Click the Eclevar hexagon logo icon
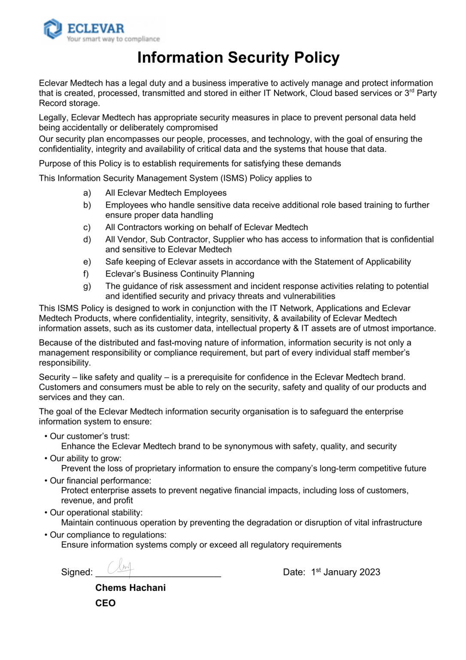click(53, 29)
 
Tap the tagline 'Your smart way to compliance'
click(113, 39)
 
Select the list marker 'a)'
click(87, 193)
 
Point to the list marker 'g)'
click(87, 286)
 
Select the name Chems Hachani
click(130, 588)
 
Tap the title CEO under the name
click(106, 603)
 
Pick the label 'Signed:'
click(77, 572)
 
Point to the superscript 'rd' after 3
click(412, 91)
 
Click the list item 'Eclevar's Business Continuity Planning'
click(180, 274)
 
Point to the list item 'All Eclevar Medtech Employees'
click(166, 193)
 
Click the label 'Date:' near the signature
click(294, 572)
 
